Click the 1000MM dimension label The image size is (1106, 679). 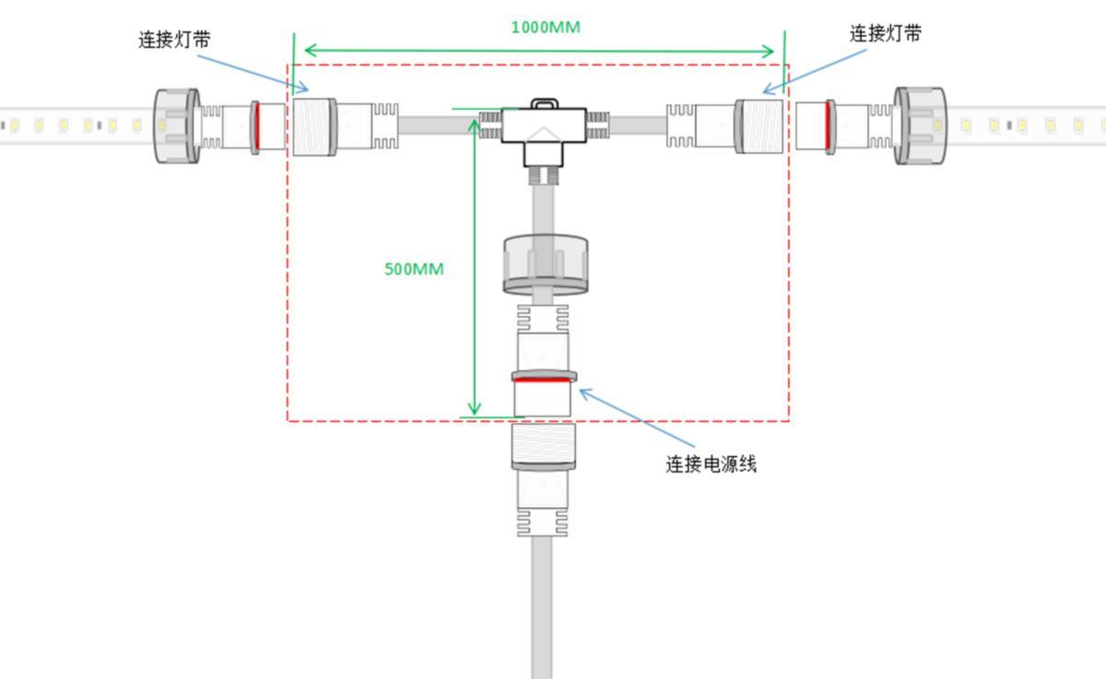click(546, 27)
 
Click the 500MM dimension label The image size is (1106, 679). click(414, 269)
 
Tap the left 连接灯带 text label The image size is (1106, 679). click(174, 40)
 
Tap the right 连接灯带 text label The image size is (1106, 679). click(885, 34)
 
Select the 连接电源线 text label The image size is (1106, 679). click(711, 464)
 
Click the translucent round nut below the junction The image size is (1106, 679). click(545, 263)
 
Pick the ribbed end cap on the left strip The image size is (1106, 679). click(176, 125)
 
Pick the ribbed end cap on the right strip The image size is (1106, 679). click(920, 125)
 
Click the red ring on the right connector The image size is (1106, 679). click(829, 125)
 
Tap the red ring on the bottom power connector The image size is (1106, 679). click(543, 379)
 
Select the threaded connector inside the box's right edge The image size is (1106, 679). click(762, 125)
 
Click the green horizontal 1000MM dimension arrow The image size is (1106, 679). click(539, 51)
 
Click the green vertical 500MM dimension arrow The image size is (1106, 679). click(475, 267)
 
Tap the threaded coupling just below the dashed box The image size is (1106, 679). click(543, 446)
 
